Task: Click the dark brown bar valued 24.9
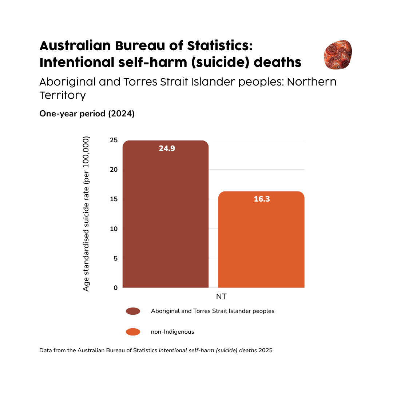pyautogui.click(x=166, y=218)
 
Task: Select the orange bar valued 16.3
pyautogui.click(x=261, y=244)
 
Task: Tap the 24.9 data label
pyautogui.click(x=167, y=148)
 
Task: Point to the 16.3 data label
pyautogui.click(x=262, y=199)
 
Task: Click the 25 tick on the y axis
pyautogui.click(x=114, y=140)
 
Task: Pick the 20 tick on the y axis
pyautogui.click(x=114, y=170)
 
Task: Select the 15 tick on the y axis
pyautogui.click(x=114, y=199)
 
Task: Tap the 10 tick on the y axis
pyautogui.click(x=114, y=229)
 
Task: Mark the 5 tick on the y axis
pyautogui.click(x=115, y=258)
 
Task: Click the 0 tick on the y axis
pyautogui.click(x=115, y=288)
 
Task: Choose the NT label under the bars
pyautogui.click(x=221, y=297)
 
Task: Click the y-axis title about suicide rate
pyautogui.click(x=86, y=214)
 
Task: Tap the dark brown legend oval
pyautogui.click(x=133, y=311)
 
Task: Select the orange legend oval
pyautogui.click(x=133, y=332)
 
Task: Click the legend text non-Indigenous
pyautogui.click(x=172, y=332)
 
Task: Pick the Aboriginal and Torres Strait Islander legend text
pyautogui.click(x=213, y=311)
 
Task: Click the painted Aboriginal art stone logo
pyautogui.click(x=338, y=55)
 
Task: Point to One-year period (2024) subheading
pyautogui.click(x=87, y=114)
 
